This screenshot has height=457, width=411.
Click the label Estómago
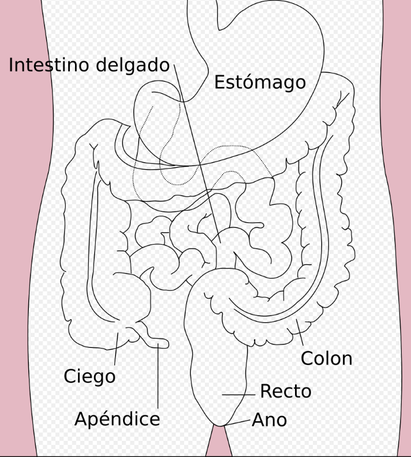(260, 83)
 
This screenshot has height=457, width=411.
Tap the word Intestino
(49, 65)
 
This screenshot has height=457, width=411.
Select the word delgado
(133, 65)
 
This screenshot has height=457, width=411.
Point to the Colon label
(326, 358)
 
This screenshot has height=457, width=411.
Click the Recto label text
(285, 391)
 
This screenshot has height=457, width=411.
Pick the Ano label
(270, 419)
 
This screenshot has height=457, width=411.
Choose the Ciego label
(89, 377)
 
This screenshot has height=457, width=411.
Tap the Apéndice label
(117, 419)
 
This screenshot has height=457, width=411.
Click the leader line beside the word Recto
(238, 395)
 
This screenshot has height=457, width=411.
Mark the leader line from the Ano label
(240, 422)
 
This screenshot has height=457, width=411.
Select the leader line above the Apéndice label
(158, 375)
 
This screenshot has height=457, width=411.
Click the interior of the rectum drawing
(216, 358)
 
